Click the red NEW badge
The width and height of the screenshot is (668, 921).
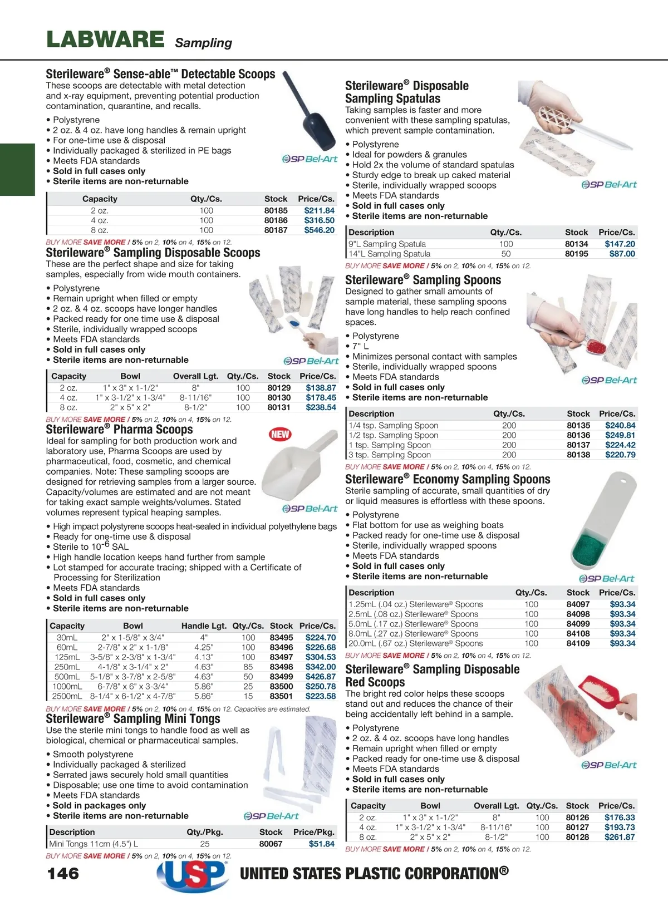coord(280,434)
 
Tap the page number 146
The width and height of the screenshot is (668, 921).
coord(63,873)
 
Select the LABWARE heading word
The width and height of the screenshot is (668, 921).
coord(105,40)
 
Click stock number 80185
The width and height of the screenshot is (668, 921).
coord(276,210)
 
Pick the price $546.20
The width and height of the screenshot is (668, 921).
coord(319,230)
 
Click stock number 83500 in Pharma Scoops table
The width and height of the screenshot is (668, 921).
coord(281,686)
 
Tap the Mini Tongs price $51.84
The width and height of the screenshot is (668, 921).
coord(321,844)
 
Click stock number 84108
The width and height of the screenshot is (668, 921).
coord(578,633)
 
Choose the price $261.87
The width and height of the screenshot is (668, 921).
coord(619,837)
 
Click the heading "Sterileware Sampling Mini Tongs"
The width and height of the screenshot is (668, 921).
coord(133,718)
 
